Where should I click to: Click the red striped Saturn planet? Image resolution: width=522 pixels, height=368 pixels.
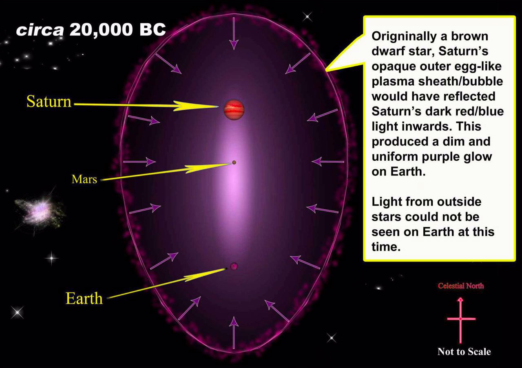point(234,110)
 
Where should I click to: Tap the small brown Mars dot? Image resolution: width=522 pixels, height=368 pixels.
point(234,162)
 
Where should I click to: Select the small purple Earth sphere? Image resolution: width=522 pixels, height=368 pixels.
point(234,266)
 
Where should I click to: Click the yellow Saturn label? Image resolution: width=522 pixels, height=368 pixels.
point(49,102)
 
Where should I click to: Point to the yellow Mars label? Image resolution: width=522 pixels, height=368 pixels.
point(84,179)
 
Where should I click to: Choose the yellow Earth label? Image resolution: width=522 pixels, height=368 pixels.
point(84,298)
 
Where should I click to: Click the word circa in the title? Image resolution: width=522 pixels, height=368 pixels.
point(40,30)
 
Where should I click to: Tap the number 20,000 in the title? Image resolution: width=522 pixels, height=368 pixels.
point(101,30)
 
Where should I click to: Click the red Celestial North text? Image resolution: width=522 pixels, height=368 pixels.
point(461,286)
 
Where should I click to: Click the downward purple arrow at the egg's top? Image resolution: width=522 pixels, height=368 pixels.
point(234,33)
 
